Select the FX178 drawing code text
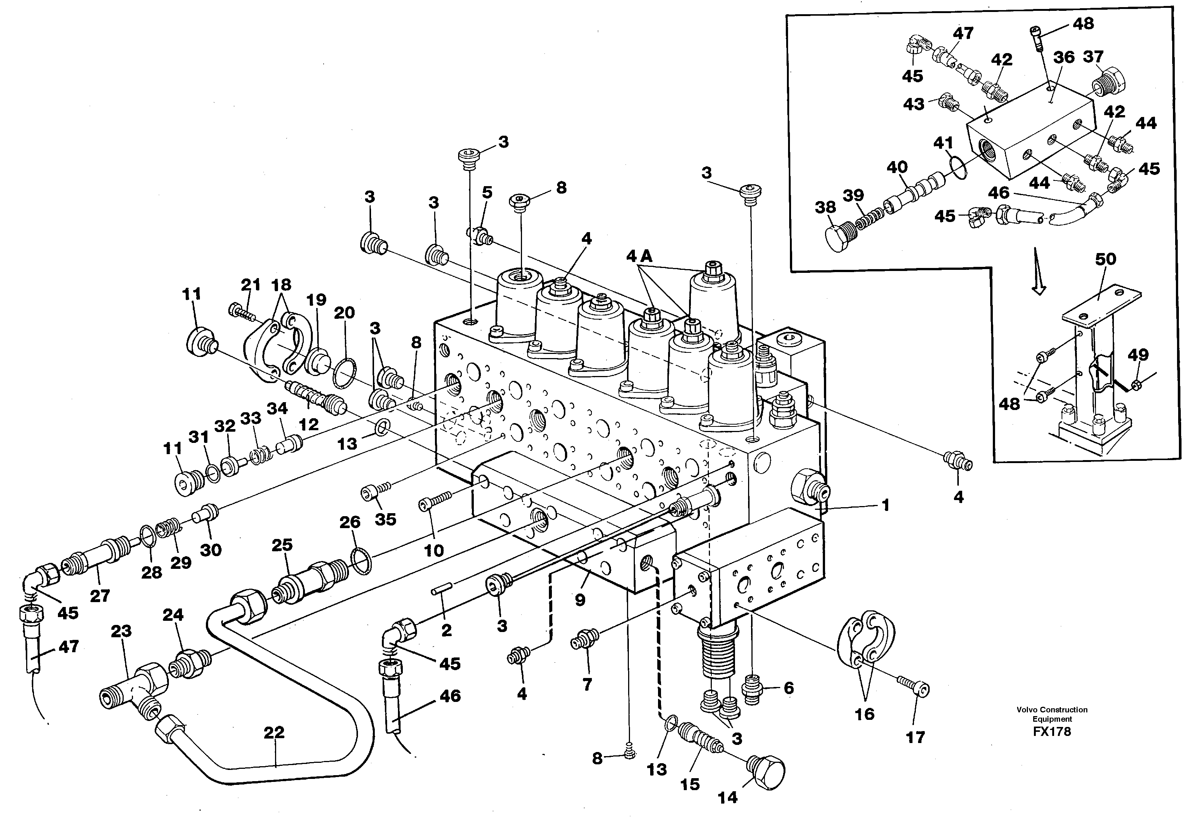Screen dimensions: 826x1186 [x=1052, y=731]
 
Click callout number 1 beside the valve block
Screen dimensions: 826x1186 [x=885, y=505]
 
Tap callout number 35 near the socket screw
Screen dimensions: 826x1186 [x=385, y=519]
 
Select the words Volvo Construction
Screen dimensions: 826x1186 [x=1052, y=710]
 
